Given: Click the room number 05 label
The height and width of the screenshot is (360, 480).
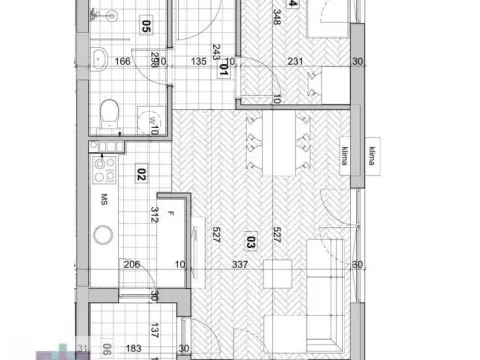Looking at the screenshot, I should (x=146, y=28).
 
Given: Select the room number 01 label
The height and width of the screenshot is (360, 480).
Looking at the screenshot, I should (x=224, y=72).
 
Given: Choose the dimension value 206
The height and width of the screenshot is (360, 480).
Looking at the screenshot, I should (x=130, y=265).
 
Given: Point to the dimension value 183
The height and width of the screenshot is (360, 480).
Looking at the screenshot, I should (x=132, y=349).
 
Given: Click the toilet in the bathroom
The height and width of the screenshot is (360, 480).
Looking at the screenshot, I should (x=112, y=112).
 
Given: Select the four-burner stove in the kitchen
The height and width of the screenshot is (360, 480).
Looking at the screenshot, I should (x=104, y=165).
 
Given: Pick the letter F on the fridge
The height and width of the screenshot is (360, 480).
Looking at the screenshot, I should (x=172, y=214).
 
